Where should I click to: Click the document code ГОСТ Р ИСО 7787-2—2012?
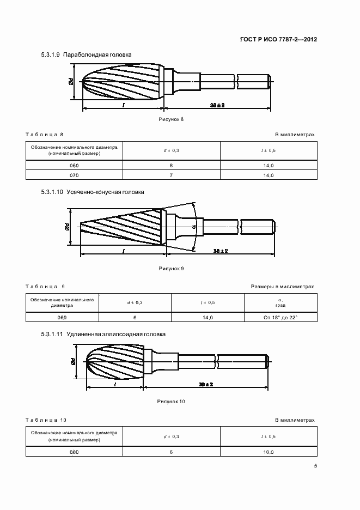(278, 39)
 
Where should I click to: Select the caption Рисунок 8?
(171, 119)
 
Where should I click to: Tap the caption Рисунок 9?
(171, 268)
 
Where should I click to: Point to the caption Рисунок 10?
(171, 402)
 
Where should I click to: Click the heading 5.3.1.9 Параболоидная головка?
(86, 54)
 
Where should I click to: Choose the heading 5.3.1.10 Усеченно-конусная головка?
(93, 192)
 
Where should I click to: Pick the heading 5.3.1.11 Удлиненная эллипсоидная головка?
(103, 334)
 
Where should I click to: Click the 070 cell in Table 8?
(74, 175)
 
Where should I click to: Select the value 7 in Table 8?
(171, 175)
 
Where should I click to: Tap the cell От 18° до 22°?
(280, 318)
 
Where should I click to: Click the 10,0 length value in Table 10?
(269, 452)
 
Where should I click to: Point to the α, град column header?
(280, 303)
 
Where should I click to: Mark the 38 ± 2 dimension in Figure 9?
(221, 251)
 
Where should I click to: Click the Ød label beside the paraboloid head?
(71, 81)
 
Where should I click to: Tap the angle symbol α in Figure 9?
(194, 226)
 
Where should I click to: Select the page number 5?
(315, 466)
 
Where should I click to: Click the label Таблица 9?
(45, 287)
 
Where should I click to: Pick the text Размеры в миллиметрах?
(282, 287)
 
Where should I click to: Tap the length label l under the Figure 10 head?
(115, 384)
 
